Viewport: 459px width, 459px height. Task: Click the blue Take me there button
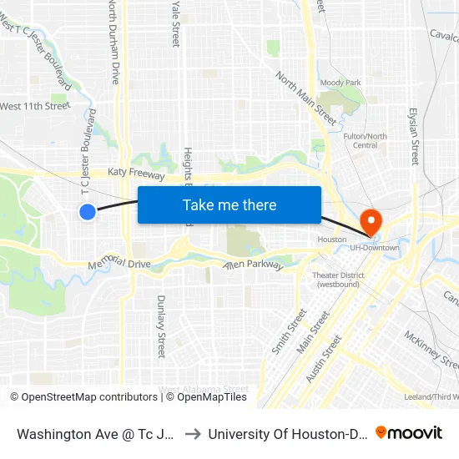point(229,205)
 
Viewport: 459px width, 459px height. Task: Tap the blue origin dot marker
point(88,212)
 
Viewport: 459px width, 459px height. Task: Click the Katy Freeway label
point(136,173)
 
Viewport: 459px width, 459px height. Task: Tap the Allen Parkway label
point(253,265)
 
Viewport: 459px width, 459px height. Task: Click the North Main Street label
point(306,98)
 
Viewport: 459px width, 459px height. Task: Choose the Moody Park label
point(340,83)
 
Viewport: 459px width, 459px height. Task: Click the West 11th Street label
point(35,106)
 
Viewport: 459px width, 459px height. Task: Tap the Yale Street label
point(176,23)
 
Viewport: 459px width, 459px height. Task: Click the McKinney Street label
point(431,350)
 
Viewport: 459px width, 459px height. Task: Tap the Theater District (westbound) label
point(338,280)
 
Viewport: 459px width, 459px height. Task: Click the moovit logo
point(408,432)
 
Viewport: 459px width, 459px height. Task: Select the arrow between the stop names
point(191,434)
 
